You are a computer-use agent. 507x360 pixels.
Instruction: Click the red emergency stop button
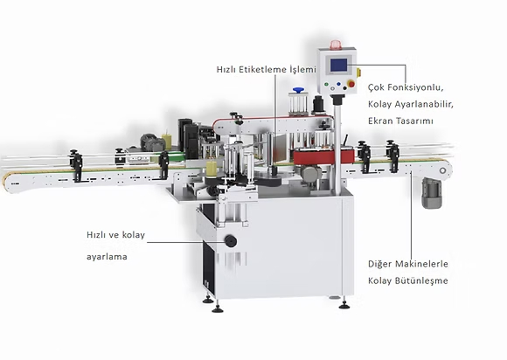click(351, 84)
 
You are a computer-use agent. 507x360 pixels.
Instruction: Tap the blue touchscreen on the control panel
click(338, 65)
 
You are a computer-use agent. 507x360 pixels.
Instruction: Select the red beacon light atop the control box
click(336, 44)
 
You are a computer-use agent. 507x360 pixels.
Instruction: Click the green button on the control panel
click(326, 85)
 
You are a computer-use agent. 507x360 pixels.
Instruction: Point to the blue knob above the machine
click(298, 89)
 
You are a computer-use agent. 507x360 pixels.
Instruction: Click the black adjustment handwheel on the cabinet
click(231, 241)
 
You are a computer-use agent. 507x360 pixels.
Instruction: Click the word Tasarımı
click(418, 121)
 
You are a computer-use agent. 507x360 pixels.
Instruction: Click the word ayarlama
click(107, 257)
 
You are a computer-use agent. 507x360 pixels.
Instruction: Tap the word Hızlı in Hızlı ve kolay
click(95, 235)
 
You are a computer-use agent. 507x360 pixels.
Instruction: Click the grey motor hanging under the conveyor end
click(432, 193)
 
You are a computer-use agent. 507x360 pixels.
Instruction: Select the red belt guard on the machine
click(323, 156)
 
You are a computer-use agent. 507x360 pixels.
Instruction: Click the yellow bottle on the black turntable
click(212, 169)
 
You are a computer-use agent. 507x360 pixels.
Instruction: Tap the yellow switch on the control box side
click(358, 73)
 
